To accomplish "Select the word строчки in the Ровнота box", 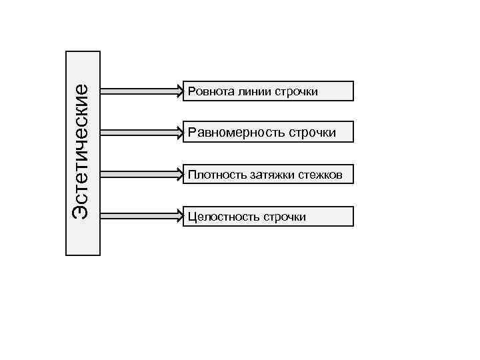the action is (295, 91).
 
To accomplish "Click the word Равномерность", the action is (237, 133).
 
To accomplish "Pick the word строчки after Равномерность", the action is (312, 133).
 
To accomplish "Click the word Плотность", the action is (209, 175).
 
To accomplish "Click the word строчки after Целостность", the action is (285, 217).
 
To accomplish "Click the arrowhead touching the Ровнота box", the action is (182, 91).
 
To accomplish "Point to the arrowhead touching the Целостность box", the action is (182, 216).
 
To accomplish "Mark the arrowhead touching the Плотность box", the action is (182, 175).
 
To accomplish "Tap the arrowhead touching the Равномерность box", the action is (182, 133).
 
